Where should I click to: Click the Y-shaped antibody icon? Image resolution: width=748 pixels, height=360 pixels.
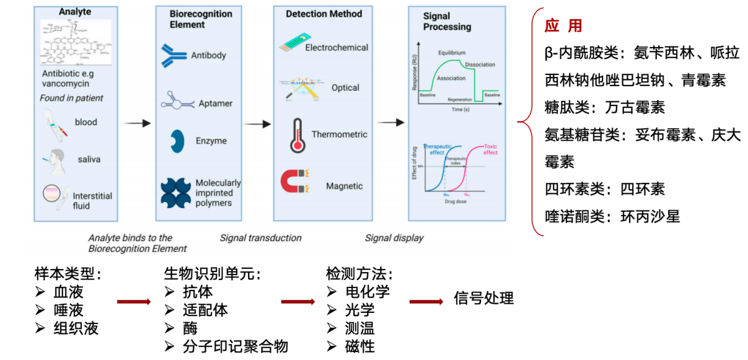coord(174,55)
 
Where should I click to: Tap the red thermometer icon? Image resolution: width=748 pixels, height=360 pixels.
coord(298,135)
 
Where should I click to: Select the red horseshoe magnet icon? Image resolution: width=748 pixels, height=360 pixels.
coord(295,182)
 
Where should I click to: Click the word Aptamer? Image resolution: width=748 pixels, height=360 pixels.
coord(216,103)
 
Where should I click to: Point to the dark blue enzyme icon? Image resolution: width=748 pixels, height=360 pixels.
coord(177,141)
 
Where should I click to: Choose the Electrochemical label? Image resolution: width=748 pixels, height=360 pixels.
coord(337,47)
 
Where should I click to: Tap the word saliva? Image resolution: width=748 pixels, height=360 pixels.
coord(89,159)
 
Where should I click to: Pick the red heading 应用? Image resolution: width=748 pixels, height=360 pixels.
coord(563,26)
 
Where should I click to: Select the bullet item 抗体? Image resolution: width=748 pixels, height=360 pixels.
coord(198,292)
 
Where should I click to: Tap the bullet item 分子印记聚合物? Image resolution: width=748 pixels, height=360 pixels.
coord(235,346)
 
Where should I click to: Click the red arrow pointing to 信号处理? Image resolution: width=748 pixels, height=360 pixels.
coord(426,302)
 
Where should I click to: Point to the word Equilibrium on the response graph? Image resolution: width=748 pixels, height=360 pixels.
coord(451,53)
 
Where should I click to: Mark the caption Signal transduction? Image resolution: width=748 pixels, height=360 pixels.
coord(260,238)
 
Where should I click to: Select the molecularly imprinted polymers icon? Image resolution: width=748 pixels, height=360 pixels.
coord(176,193)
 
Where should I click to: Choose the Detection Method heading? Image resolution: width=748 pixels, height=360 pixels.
coord(323,14)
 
